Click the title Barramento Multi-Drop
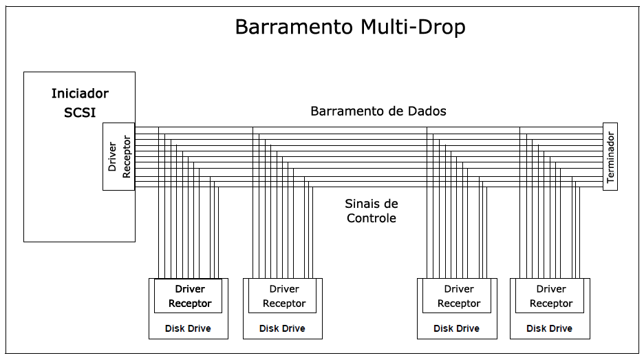pos(350,27)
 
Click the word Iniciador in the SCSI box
pos(80,94)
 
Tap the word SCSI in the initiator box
pos(80,113)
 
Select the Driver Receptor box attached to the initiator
pos(118,157)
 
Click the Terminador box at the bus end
pos(610,157)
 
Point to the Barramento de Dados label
pos(378,111)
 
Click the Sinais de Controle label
pos(372,211)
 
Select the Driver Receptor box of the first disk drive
pos(189,296)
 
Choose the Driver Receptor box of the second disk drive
pos(283,296)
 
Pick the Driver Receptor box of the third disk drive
pos(458,296)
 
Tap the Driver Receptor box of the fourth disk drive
pos(550,296)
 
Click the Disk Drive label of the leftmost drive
pos(188,328)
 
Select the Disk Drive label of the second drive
pos(282,328)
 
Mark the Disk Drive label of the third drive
pos(457,328)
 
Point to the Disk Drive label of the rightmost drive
pos(549,328)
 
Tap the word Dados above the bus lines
pos(429,111)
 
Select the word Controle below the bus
pos(372,218)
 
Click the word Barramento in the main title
pos(294,27)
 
